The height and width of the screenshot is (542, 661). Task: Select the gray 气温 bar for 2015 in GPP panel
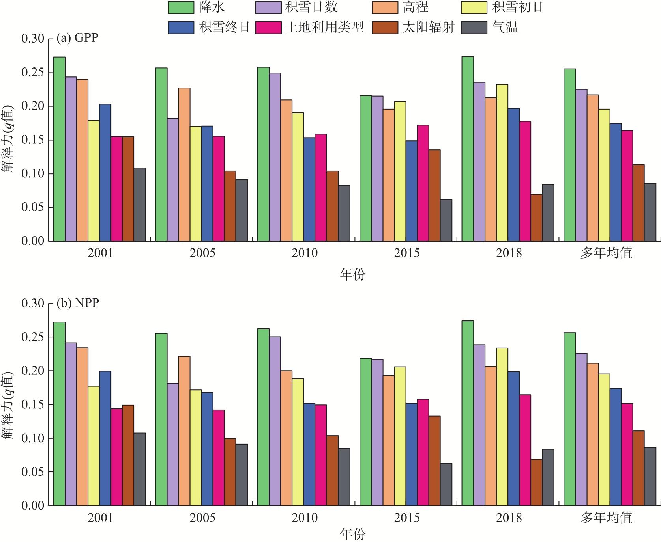pos(446,220)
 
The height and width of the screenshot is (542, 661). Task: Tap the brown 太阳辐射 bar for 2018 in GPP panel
pos(536,218)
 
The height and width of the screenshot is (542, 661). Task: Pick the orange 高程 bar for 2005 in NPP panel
pos(184,431)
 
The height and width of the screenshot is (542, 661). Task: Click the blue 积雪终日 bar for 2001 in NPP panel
pos(105,438)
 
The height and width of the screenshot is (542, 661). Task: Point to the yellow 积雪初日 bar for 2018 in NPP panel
pos(502,427)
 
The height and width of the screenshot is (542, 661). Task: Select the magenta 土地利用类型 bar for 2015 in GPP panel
pos(423,183)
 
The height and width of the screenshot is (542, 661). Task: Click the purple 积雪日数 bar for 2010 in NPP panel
pos(275,421)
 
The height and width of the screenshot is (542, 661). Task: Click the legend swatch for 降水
pos(181,7)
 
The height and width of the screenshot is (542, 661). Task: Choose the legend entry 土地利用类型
pos(324,27)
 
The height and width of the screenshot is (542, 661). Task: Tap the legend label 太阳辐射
pos(428,27)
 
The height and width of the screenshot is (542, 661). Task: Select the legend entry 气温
pos(505,27)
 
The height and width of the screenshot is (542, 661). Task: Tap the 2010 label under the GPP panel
pos(304,253)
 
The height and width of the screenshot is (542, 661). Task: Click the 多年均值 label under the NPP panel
pos(606,517)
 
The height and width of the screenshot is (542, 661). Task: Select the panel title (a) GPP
pos(77,38)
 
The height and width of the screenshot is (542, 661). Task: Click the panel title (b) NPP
pos(78,303)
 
